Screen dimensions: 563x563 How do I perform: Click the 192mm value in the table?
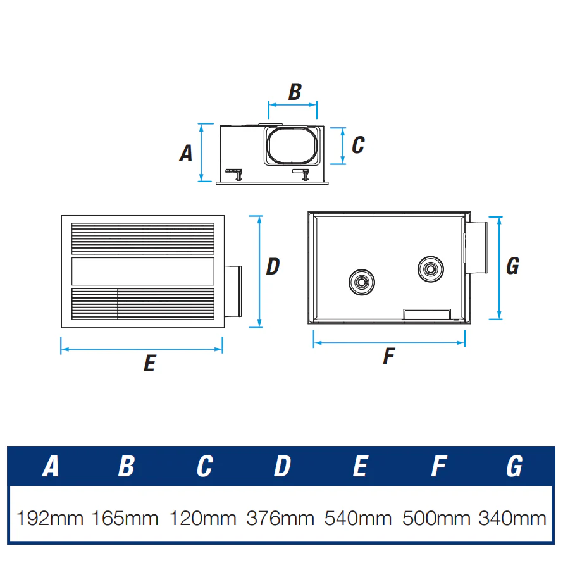50,518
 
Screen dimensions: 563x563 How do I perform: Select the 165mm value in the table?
125,518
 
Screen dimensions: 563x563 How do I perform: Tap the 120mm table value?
202,518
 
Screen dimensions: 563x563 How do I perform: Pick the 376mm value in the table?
280,518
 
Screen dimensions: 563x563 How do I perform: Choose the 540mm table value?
358,518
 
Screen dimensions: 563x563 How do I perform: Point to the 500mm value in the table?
436,518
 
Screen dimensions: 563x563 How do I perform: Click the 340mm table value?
512,518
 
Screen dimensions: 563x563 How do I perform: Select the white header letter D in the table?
282,466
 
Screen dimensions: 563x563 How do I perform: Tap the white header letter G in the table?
514,466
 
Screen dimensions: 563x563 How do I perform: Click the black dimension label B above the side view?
295,92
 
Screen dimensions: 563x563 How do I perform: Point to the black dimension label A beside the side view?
186,153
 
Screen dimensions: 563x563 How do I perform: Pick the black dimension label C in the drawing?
358,145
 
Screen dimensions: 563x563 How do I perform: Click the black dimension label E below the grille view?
150,363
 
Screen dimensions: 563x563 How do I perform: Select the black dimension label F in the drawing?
389,356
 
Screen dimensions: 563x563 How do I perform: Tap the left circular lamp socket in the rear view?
362,282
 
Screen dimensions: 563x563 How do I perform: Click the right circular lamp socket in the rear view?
431,269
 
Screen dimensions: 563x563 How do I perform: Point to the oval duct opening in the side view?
293,145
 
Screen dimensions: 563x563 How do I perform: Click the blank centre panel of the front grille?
143,271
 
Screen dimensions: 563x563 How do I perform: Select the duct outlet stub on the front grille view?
233,291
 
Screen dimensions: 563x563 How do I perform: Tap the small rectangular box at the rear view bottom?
427,314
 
